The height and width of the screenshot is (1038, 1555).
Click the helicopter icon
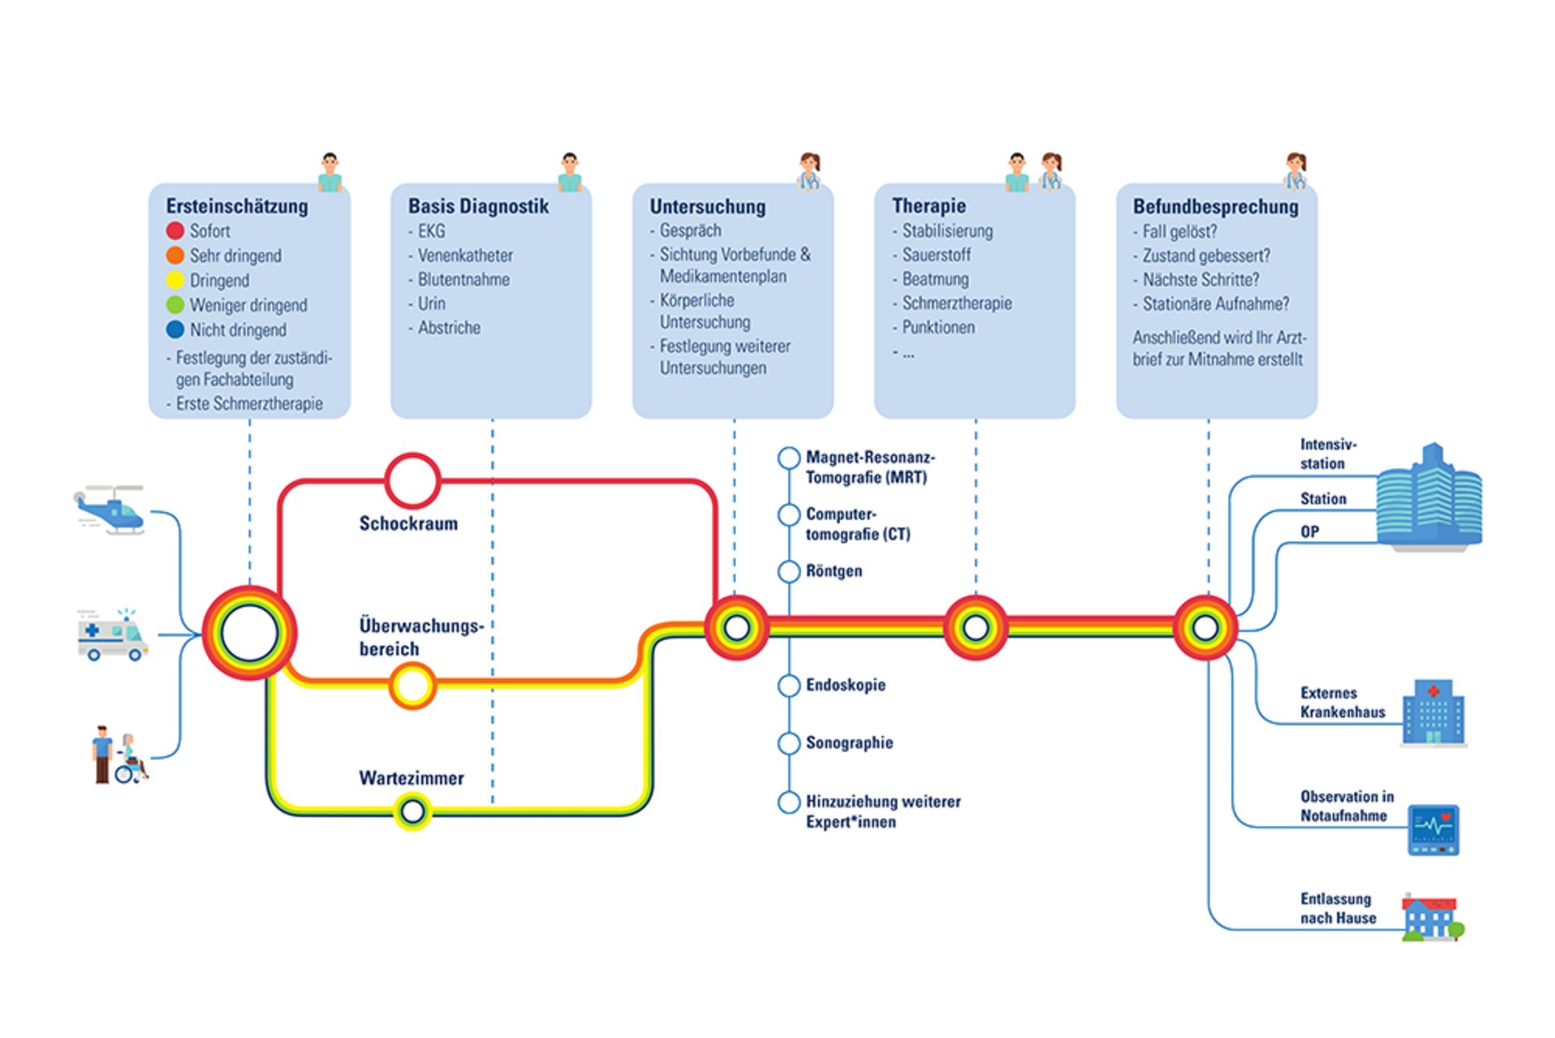(x=110, y=510)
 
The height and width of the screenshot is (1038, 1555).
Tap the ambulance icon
(x=113, y=635)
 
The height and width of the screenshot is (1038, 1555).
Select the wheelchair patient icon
(x=130, y=758)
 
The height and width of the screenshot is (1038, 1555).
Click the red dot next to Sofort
(x=175, y=231)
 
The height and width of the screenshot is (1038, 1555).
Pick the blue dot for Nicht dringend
(x=175, y=330)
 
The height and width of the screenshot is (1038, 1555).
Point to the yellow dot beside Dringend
(x=175, y=280)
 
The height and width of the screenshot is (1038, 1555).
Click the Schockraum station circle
(x=412, y=481)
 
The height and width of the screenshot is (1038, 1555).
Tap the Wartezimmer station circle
(x=412, y=810)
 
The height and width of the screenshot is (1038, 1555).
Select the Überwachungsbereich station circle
(x=412, y=686)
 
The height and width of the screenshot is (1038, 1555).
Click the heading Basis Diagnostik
(x=478, y=207)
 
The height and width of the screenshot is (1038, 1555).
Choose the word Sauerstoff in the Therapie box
(x=936, y=255)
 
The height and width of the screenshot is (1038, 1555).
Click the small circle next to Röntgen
(x=789, y=571)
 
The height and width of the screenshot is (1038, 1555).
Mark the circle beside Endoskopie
(x=789, y=686)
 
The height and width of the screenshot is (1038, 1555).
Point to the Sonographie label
(x=849, y=743)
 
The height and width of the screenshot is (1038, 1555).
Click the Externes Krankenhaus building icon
(x=1434, y=712)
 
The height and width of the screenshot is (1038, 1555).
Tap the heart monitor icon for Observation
(x=1433, y=830)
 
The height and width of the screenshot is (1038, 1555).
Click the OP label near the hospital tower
(x=1310, y=532)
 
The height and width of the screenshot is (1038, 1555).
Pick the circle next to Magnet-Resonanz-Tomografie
(x=789, y=458)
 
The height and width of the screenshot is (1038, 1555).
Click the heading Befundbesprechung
(x=1215, y=207)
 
